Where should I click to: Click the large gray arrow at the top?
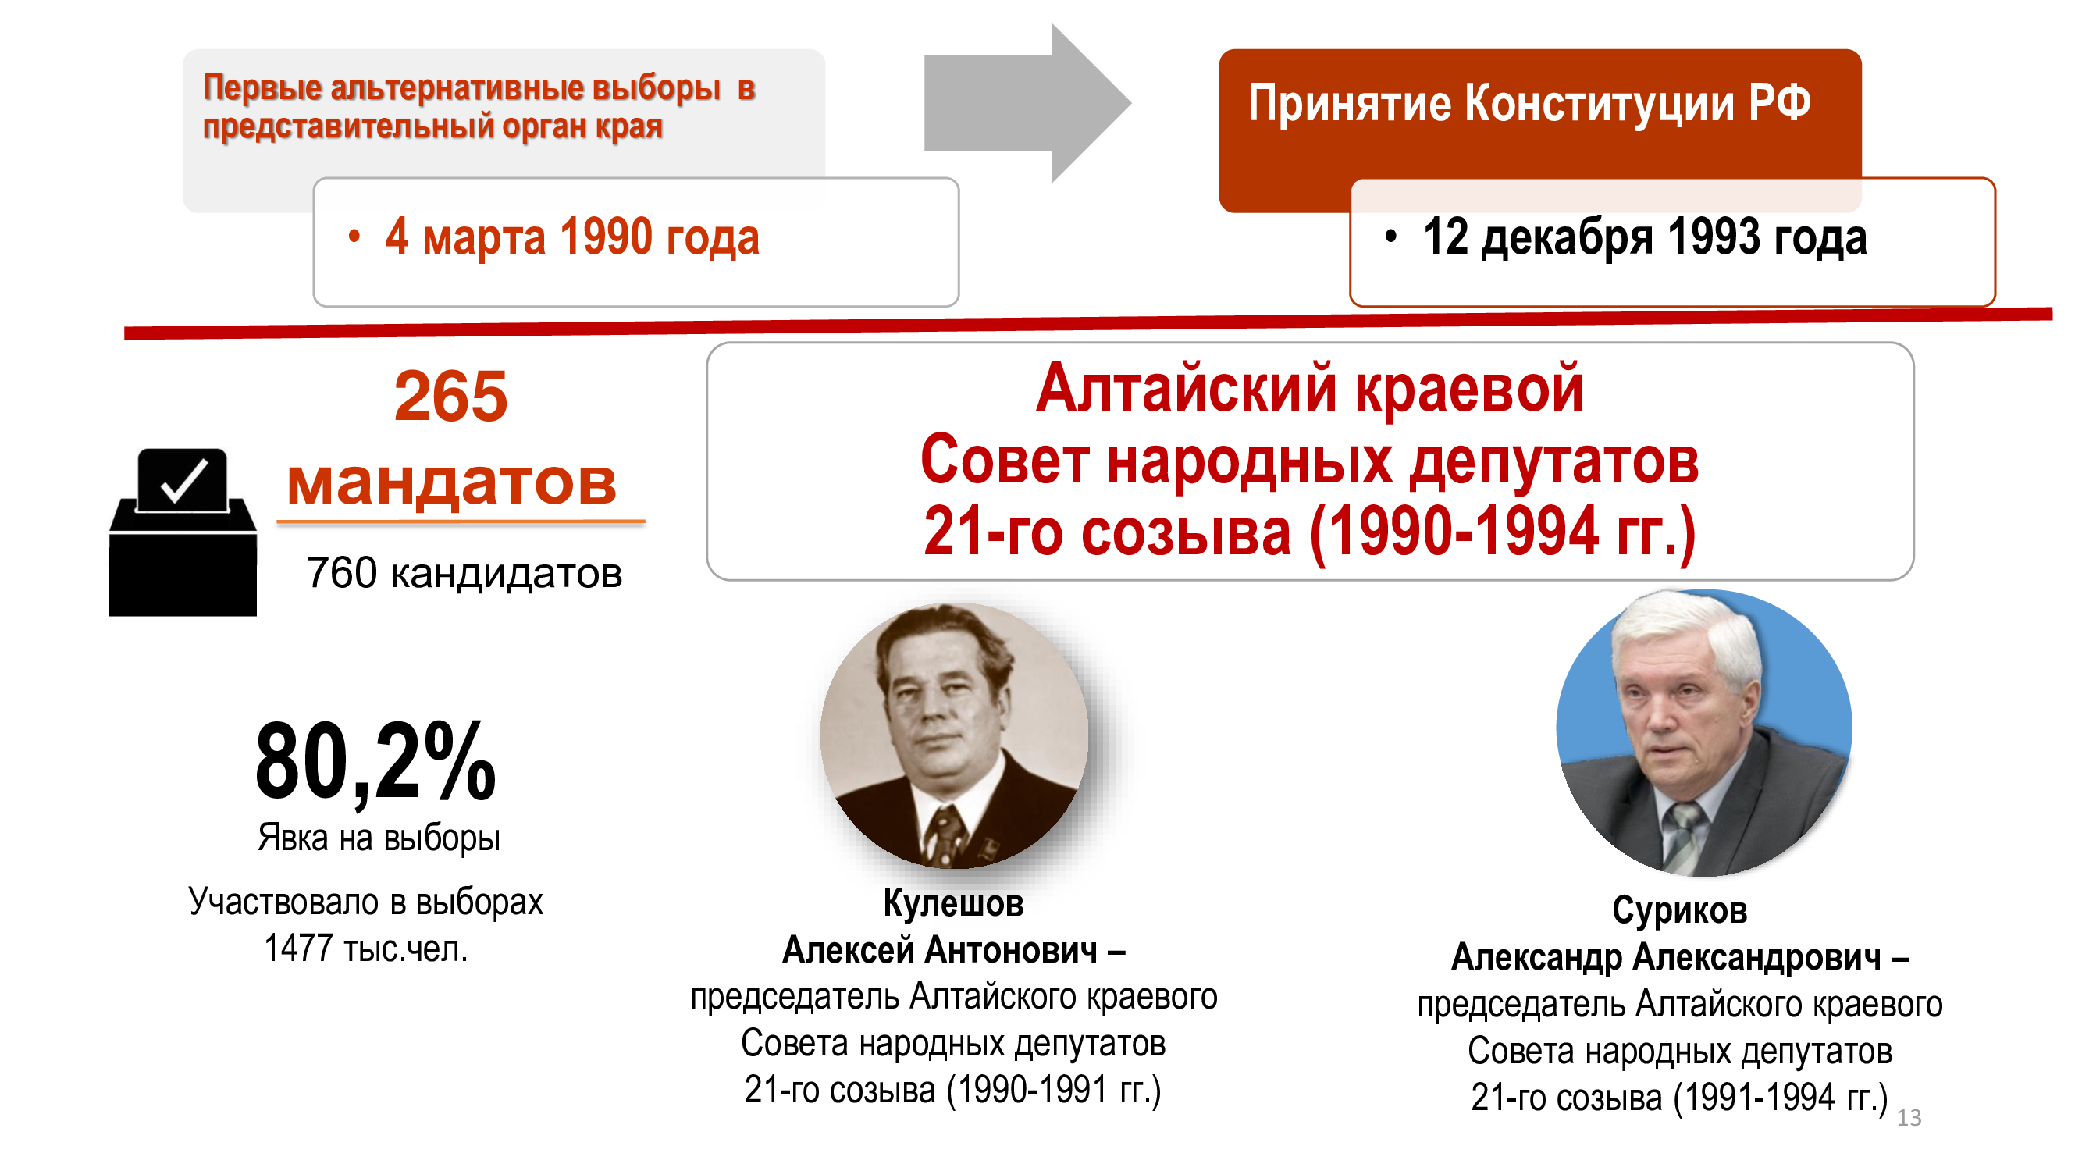(x=1027, y=104)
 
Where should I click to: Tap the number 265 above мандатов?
(x=451, y=396)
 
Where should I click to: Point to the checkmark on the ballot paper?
(x=184, y=481)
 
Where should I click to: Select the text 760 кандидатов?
(x=464, y=573)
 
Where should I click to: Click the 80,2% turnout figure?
(x=375, y=762)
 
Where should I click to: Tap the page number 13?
(x=1909, y=1118)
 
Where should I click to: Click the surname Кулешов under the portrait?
(x=953, y=903)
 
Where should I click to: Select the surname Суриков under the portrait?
(x=1680, y=911)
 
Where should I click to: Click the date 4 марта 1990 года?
(x=572, y=237)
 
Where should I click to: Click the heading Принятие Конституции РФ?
(x=1529, y=104)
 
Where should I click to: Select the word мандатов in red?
(x=452, y=482)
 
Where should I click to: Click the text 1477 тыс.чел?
(x=366, y=949)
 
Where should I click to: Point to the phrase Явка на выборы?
(x=379, y=838)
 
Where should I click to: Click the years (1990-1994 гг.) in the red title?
(x=1502, y=533)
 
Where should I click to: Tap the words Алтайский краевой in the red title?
(x=1309, y=390)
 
